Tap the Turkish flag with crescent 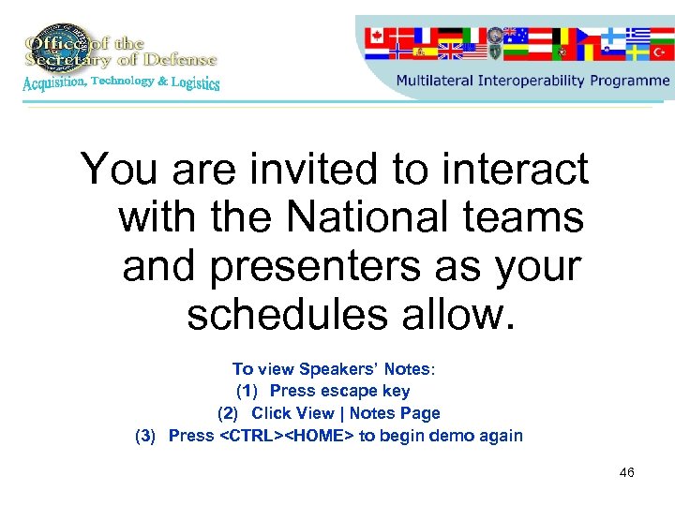coord(661,52)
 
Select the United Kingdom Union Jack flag coord(450,52)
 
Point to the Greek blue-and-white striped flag coord(637,34)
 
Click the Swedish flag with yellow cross coord(637,52)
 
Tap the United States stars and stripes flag coord(475,52)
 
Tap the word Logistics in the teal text coord(195,83)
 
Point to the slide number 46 coord(626,472)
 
